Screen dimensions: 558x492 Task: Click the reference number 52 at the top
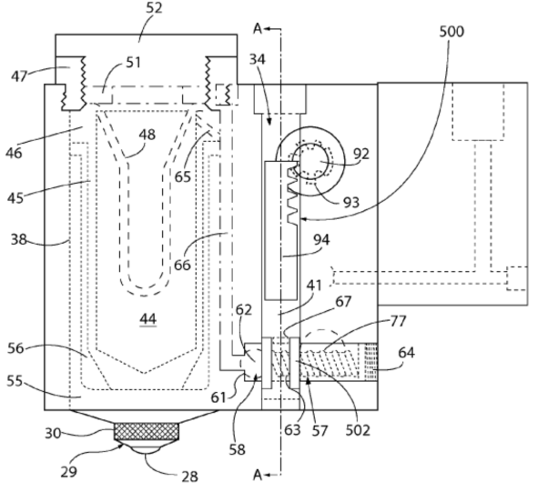(x=154, y=8)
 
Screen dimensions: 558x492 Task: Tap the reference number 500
(x=451, y=32)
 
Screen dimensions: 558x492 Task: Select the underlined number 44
(x=148, y=319)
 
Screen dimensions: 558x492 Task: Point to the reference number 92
(x=361, y=154)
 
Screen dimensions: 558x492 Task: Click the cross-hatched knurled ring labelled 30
(x=147, y=431)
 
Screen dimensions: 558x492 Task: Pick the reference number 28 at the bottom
(x=189, y=477)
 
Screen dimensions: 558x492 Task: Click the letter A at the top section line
(x=258, y=29)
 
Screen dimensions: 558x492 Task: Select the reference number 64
(x=406, y=352)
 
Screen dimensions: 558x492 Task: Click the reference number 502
(x=358, y=430)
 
